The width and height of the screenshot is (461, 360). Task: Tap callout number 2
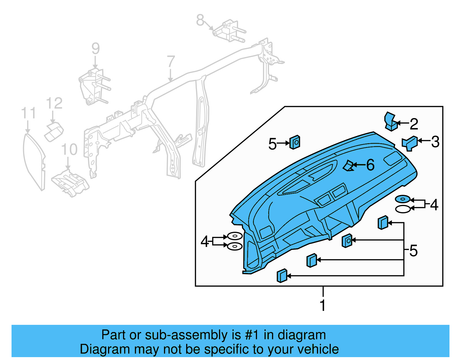point(414,124)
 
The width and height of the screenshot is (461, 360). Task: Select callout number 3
point(435,142)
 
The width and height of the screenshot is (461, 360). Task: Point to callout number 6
point(370,165)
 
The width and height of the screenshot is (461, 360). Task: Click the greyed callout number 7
point(171,61)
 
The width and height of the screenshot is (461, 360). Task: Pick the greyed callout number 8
point(200,20)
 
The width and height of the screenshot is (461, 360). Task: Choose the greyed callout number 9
point(96,48)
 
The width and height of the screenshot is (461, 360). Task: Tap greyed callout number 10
point(69,149)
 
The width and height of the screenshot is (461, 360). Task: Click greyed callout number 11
point(29,113)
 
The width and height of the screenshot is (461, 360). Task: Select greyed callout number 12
point(54,103)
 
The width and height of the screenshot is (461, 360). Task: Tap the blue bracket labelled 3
point(410,143)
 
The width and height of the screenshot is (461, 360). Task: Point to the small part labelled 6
point(348,166)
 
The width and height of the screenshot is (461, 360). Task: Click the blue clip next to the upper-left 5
point(295,142)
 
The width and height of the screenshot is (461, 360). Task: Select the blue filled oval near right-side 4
point(403,199)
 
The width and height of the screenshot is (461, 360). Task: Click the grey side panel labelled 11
point(34,161)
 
